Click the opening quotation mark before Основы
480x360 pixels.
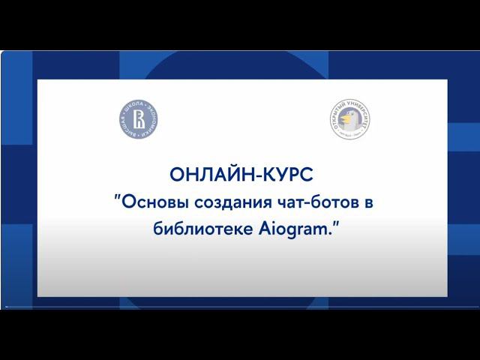(116, 197)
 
